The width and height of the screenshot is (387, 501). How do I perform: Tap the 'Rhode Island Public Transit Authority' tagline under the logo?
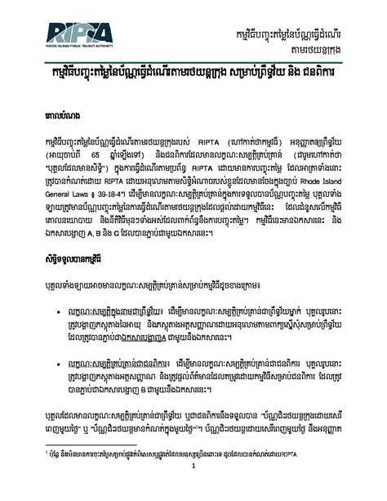82,47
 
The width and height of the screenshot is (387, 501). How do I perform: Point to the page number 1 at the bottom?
193,490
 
